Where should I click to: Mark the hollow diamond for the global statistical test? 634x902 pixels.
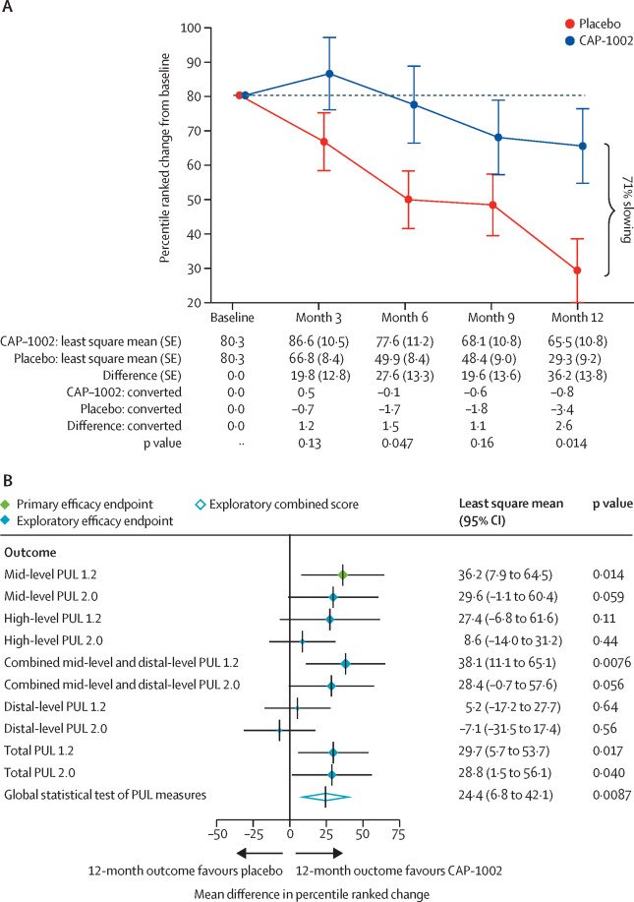click(325, 796)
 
